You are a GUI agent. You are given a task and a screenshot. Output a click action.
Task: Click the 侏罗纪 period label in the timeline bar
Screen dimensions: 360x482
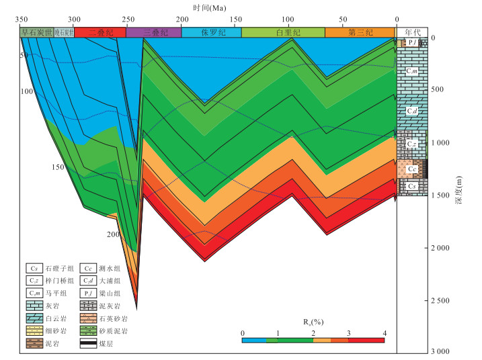pyautogui.click(x=211, y=32)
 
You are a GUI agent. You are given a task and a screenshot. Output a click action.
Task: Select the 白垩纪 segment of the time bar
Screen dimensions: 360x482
pyautogui.click(x=283, y=32)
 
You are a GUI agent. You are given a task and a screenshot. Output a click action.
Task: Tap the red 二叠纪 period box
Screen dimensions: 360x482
pyautogui.click(x=100, y=32)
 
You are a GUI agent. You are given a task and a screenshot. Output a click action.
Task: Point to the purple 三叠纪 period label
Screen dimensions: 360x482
pyautogui.click(x=153, y=32)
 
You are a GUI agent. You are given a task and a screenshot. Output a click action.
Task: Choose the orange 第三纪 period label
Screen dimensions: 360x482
pyautogui.click(x=359, y=32)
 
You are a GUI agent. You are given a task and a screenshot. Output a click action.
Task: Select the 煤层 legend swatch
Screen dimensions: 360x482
pyautogui.click(x=88, y=345)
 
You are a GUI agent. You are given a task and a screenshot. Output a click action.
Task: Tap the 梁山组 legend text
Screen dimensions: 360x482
pyautogui.click(x=112, y=294)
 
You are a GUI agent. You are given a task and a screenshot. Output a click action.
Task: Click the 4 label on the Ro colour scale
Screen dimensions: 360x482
pyautogui.click(x=385, y=333)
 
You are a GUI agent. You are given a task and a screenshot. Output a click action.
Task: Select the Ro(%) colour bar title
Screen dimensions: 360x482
pyautogui.click(x=313, y=322)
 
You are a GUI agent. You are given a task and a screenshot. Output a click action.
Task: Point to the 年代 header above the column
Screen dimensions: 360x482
pyautogui.click(x=411, y=32)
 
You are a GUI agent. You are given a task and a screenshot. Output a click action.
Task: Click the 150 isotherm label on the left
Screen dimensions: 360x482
pyautogui.click(x=58, y=167)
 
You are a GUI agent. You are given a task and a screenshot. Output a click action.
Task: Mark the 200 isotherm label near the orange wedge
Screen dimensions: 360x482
pyautogui.click(x=112, y=234)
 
